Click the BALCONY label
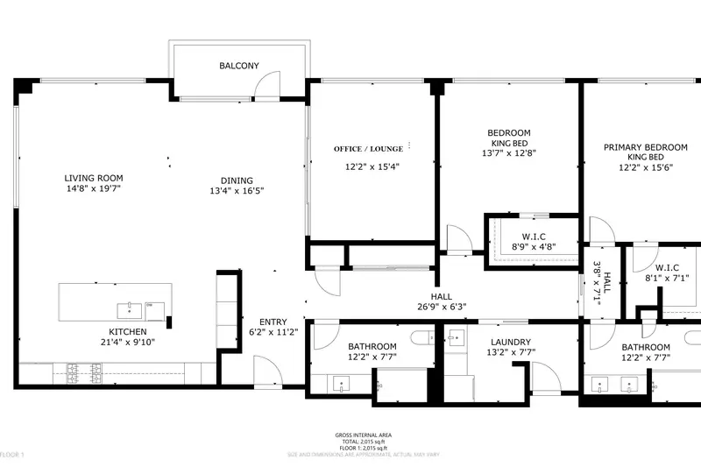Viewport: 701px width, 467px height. click(x=238, y=66)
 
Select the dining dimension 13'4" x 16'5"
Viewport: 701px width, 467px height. click(x=237, y=190)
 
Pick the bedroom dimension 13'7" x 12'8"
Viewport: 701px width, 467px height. click(x=509, y=152)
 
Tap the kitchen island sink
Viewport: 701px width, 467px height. click(x=130, y=308)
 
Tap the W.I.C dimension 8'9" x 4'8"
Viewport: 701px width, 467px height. click(x=533, y=247)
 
